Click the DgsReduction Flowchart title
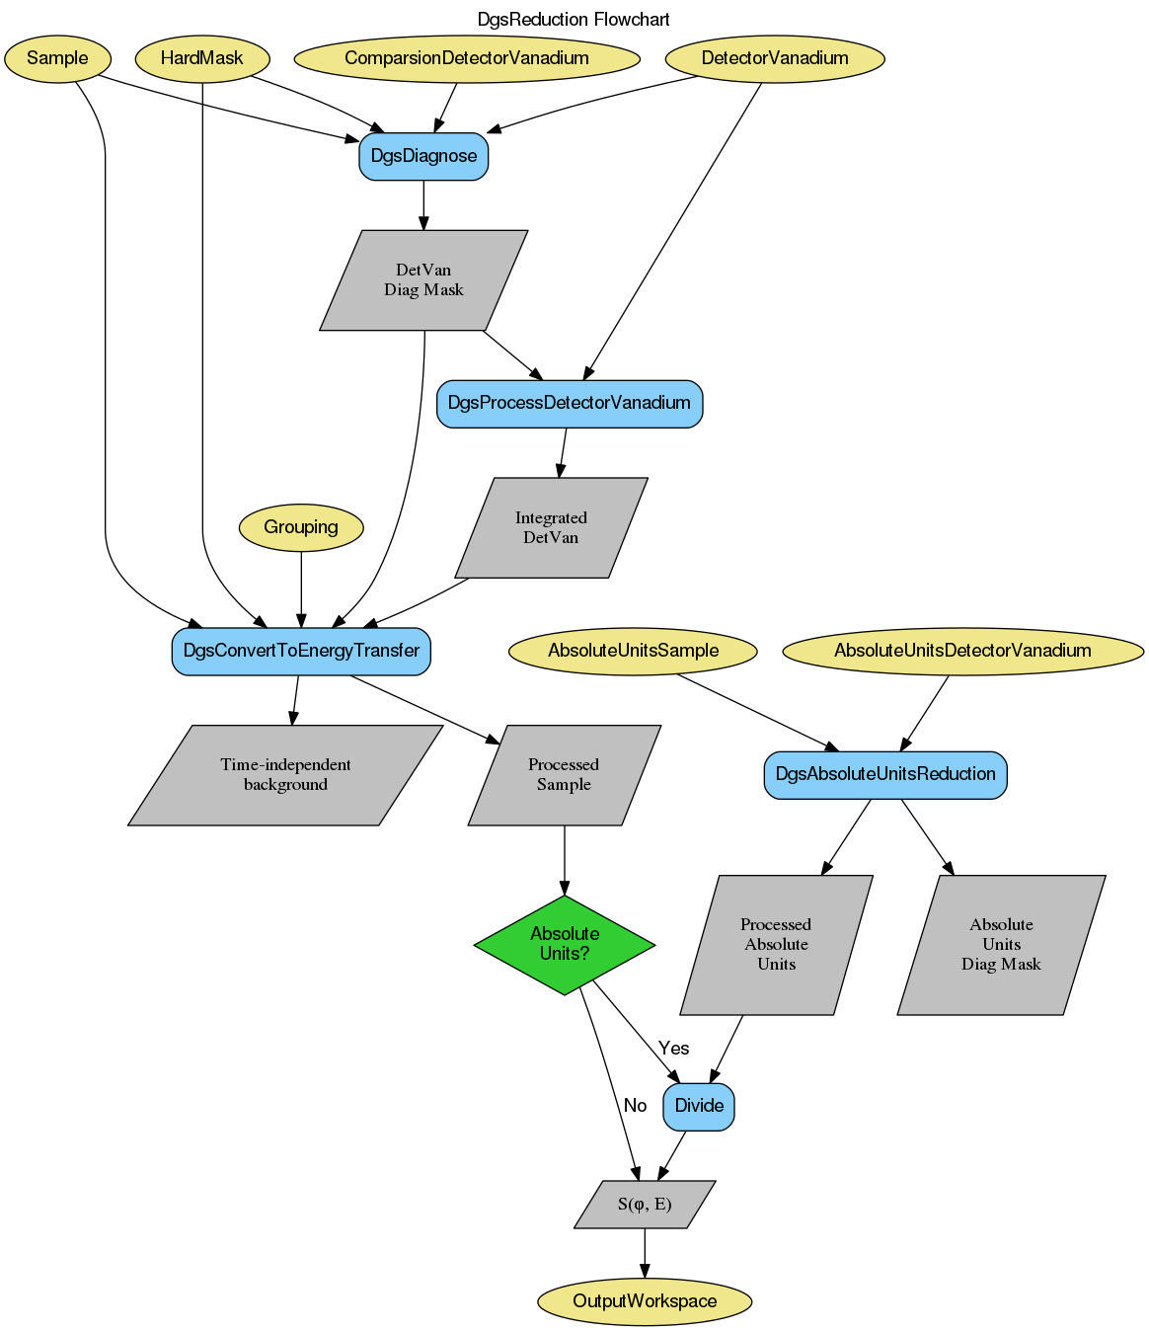(574, 20)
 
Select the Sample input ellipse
(57, 58)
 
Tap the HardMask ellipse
(201, 58)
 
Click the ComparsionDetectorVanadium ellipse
(466, 58)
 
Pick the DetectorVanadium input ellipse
(775, 58)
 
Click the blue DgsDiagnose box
(423, 156)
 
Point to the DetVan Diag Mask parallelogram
(423, 280)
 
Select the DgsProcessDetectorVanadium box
(570, 403)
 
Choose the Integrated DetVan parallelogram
(551, 528)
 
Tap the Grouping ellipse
(301, 527)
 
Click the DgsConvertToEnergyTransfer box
(301, 651)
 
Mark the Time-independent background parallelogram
(285, 775)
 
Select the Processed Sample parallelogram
(564, 775)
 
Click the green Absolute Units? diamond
(565, 945)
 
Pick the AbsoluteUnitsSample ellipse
(633, 651)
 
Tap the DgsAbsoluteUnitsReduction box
(885, 774)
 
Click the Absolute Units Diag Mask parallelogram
(1001, 945)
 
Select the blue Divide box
(699, 1106)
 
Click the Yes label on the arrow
(674, 1049)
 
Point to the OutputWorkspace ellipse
(645, 1301)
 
